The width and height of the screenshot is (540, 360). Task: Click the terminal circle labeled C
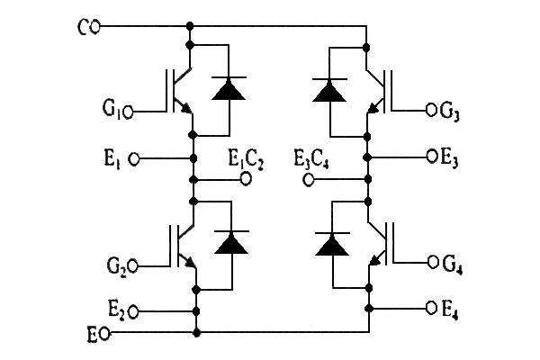point(96,27)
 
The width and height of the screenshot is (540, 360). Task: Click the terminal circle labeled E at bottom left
point(104,333)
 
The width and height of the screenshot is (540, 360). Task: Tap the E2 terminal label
point(115,310)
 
